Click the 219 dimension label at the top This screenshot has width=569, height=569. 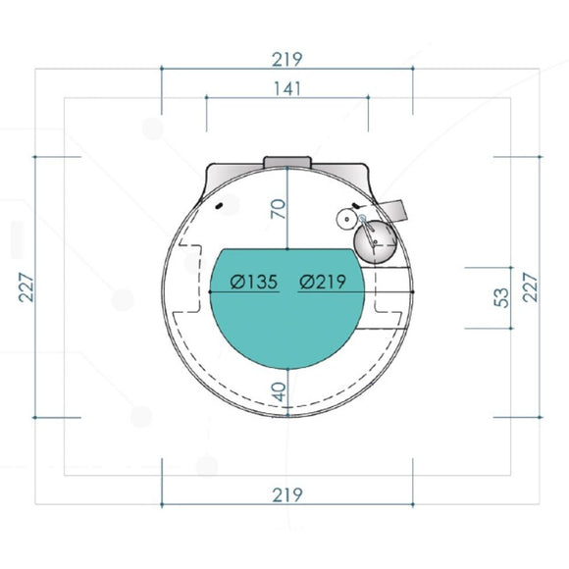coord(287,60)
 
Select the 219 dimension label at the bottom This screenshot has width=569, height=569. coord(287,494)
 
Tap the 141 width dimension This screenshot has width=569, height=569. coord(287,88)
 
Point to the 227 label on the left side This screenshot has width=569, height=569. coord(26,287)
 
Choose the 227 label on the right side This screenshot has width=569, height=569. coord(530,287)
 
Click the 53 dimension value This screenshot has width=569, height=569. coord(501,297)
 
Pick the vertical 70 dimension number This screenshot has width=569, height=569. coord(279,209)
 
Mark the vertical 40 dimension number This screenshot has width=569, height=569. coord(279,391)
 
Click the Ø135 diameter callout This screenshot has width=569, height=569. coord(254,282)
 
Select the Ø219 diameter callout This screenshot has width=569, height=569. coord(323,282)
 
